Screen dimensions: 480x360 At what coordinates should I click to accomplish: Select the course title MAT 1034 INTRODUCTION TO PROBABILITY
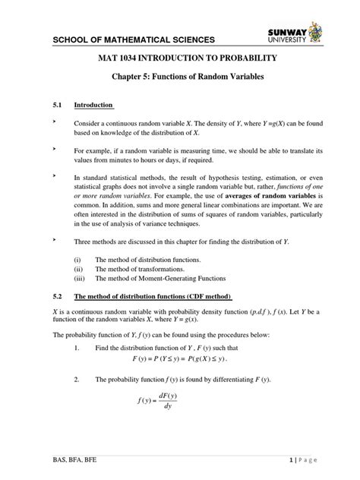click(180, 58)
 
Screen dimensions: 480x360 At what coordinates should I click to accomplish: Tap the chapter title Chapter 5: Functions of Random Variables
click(180, 81)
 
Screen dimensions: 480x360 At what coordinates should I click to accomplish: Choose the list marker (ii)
click(76, 270)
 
